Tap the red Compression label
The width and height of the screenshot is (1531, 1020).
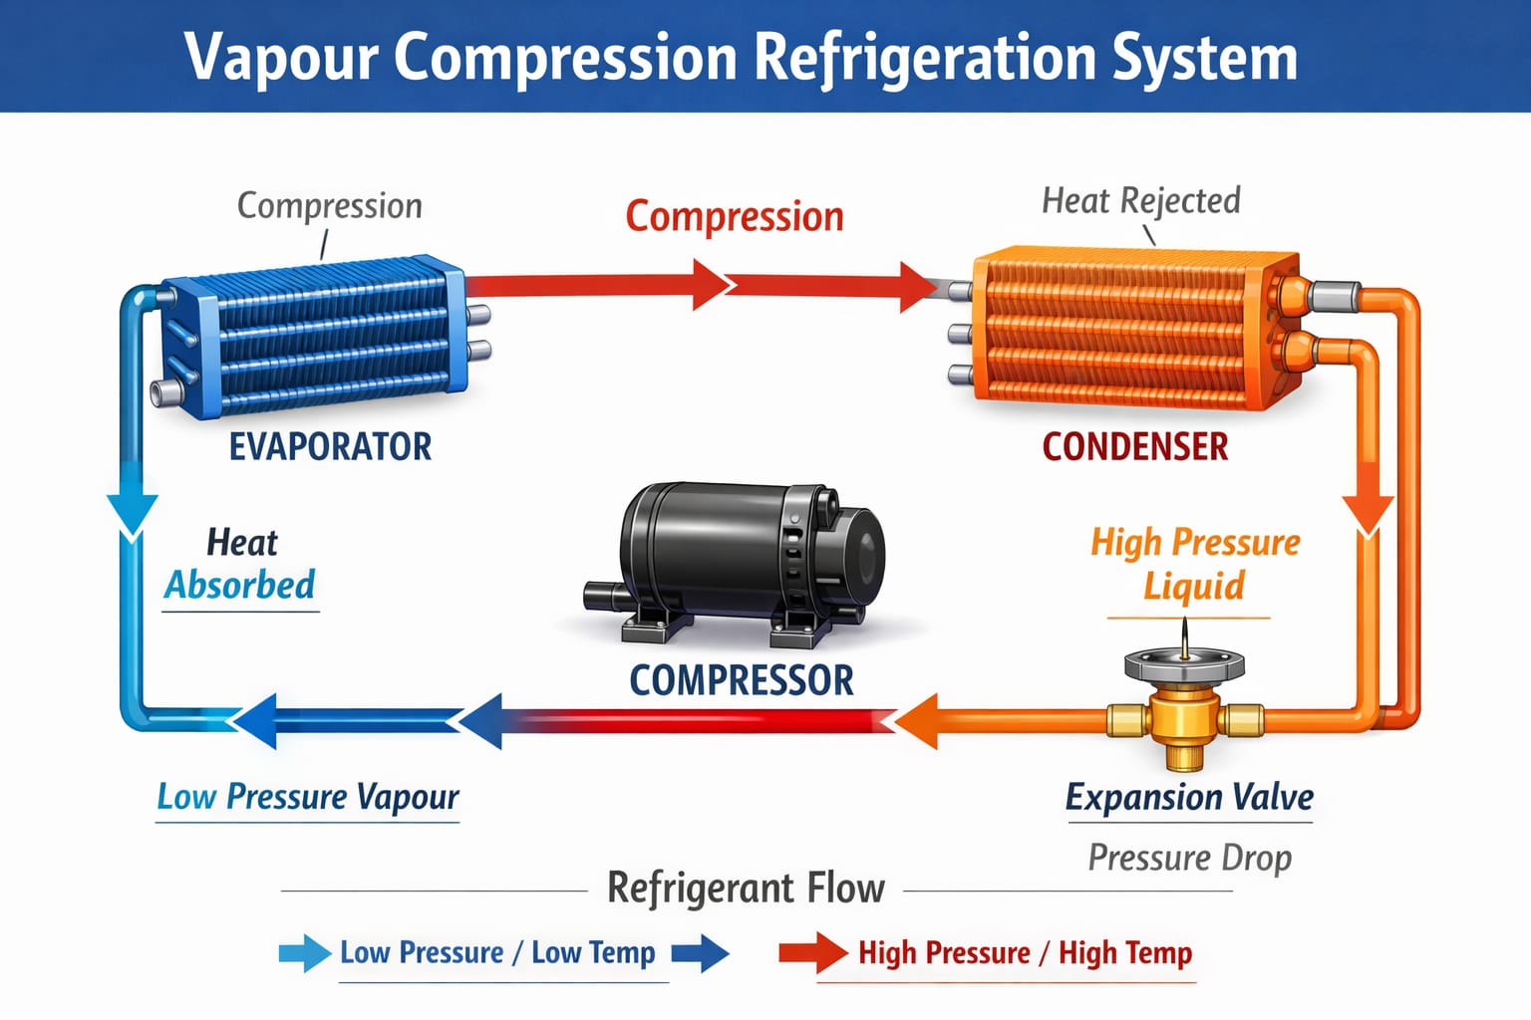click(735, 216)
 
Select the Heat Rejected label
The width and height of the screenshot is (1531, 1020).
click(1140, 200)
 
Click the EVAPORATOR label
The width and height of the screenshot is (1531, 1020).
click(330, 446)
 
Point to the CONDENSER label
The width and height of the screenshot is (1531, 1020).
click(1134, 446)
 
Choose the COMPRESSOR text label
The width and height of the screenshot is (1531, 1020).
click(742, 680)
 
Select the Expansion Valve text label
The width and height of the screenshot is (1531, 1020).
click(1188, 797)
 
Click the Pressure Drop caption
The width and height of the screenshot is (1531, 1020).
click(1189, 858)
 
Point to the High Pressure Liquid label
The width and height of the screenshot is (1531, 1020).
click(1194, 564)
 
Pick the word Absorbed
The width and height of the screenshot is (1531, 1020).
click(240, 585)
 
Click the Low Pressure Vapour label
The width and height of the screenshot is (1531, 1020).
click(307, 797)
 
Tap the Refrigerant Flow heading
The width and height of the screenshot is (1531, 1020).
click(746, 888)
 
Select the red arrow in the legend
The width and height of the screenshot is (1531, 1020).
click(812, 953)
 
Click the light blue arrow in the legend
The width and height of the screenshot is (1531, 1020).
click(304, 953)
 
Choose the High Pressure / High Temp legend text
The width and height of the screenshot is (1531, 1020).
click(1025, 953)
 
